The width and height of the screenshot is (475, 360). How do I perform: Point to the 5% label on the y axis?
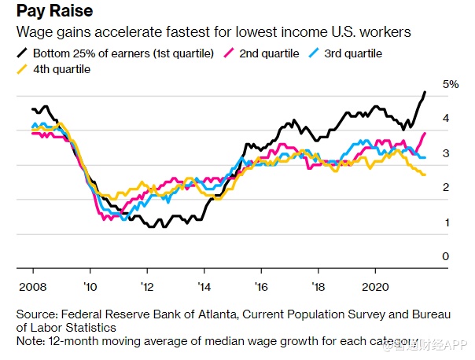(x=451, y=84)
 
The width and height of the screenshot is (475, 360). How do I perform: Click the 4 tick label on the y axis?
(x=445, y=119)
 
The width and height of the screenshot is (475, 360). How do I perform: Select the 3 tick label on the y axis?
(x=445, y=153)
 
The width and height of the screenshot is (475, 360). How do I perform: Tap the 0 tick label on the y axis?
(x=445, y=257)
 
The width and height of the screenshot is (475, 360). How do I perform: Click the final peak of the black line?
(x=425, y=93)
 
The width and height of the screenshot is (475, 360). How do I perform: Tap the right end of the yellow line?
(x=425, y=174)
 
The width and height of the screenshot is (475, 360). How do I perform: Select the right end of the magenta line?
(x=425, y=133)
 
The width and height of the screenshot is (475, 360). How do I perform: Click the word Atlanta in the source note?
(x=215, y=314)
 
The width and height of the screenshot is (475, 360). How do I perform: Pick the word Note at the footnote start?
(x=30, y=341)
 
